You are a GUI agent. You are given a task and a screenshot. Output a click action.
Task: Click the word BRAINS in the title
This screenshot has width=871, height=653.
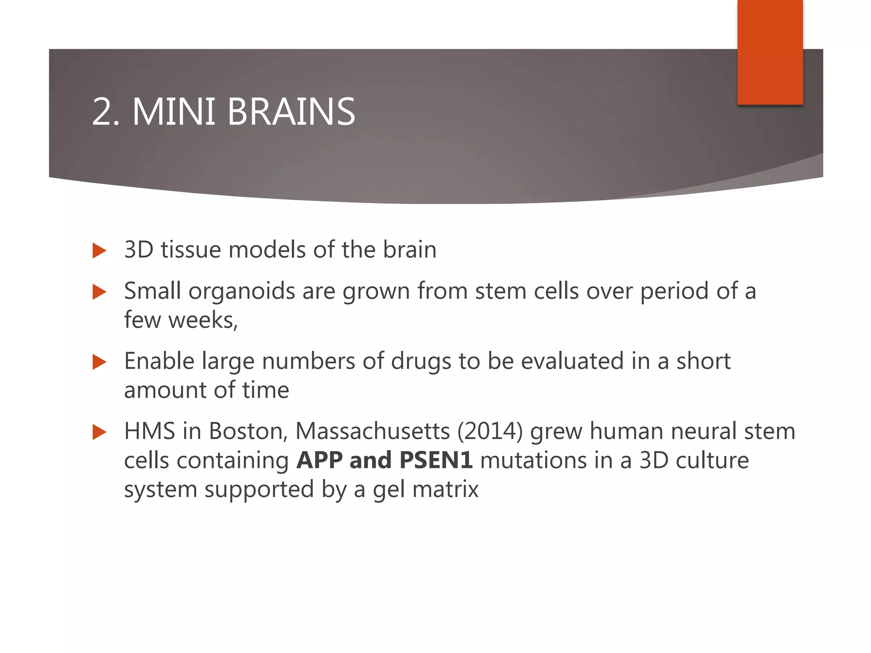pyautogui.click(x=291, y=112)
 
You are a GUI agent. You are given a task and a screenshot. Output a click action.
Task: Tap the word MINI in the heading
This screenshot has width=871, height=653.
pyautogui.click(x=174, y=112)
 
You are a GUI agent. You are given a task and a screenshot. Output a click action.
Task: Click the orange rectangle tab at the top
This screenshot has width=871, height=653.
pyautogui.click(x=770, y=52)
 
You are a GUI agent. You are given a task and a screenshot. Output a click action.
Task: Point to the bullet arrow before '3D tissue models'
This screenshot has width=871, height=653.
pyautogui.click(x=99, y=251)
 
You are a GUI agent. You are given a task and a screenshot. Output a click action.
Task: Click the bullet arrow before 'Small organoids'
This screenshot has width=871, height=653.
pyautogui.click(x=99, y=292)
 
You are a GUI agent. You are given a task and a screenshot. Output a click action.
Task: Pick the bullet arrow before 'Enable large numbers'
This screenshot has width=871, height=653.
pyautogui.click(x=99, y=362)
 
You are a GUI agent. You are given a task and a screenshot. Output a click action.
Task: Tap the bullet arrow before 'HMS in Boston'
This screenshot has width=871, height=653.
pyautogui.click(x=99, y=432)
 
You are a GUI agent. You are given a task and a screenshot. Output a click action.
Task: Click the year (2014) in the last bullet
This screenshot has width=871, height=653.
pyautogui.click(x=490, y=432)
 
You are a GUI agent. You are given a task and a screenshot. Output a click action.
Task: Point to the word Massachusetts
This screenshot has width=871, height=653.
pyautogui.click(x=372, y=432)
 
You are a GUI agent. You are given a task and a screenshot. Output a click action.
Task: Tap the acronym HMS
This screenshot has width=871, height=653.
pyautogui.click(x=149, y=432)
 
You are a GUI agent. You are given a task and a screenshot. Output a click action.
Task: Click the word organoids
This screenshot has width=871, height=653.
pyautogui.click(x=242, y=292)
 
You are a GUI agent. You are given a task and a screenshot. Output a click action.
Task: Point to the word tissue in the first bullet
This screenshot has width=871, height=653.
pyautogui.click(x=191, y=250)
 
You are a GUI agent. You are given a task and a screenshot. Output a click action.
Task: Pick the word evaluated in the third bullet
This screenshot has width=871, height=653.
pyautogui.click(x=572, y=361)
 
